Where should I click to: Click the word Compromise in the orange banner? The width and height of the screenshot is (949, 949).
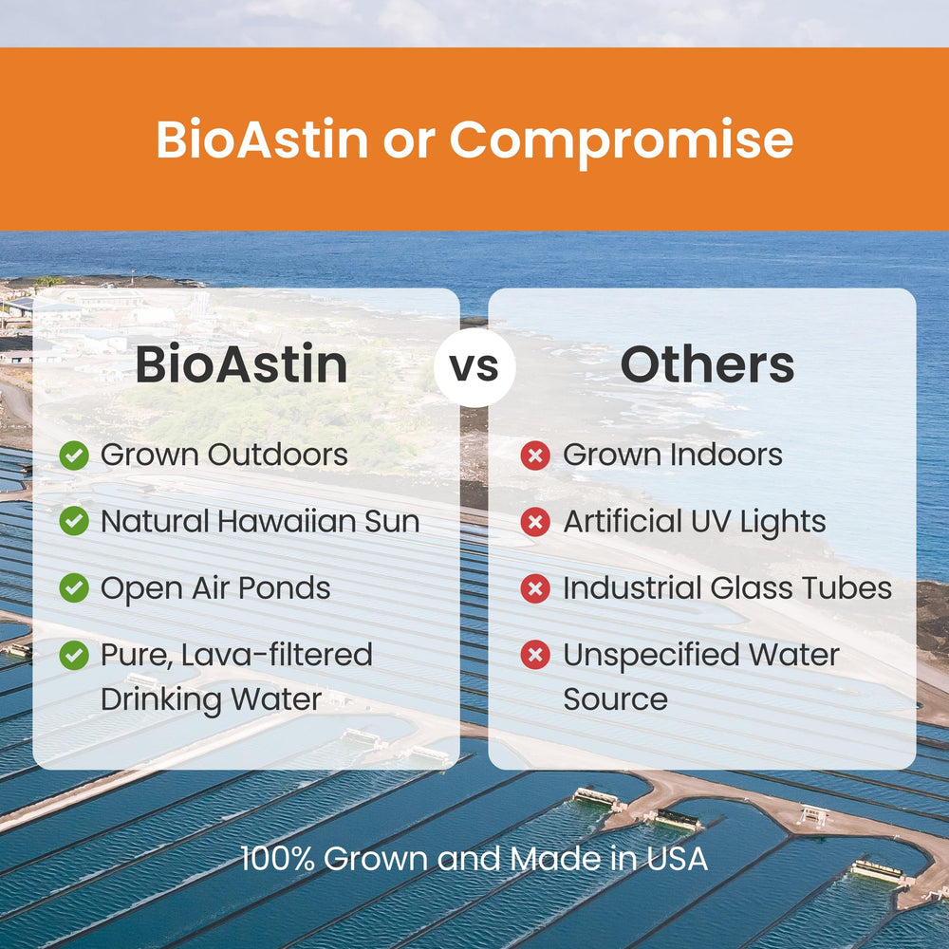tap(621, 140)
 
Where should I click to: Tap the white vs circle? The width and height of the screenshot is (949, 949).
tap(474, 366)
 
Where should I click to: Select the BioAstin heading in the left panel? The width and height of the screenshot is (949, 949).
tap(241, 366)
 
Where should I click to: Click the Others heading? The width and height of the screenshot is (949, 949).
tap(707, 366)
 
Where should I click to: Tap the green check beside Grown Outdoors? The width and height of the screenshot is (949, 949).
tap(74, 456)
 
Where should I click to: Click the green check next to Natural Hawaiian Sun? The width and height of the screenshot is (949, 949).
tap(74, 522)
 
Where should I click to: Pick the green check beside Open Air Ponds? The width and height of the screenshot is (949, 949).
tap(74, 588)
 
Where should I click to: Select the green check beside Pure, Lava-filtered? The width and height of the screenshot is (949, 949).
tap(74, 655)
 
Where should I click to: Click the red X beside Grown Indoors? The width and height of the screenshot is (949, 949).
tap(535, 456)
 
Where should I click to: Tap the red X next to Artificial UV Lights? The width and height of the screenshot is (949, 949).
tap(535, 522)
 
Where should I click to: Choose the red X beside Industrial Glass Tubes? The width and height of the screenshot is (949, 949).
tap(535, 588)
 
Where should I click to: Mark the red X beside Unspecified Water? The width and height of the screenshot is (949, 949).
tap(535, 655)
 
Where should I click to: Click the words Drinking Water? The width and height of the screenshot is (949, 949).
tap(211, 699)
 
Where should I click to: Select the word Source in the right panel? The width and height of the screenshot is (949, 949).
tap(615, 699)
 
